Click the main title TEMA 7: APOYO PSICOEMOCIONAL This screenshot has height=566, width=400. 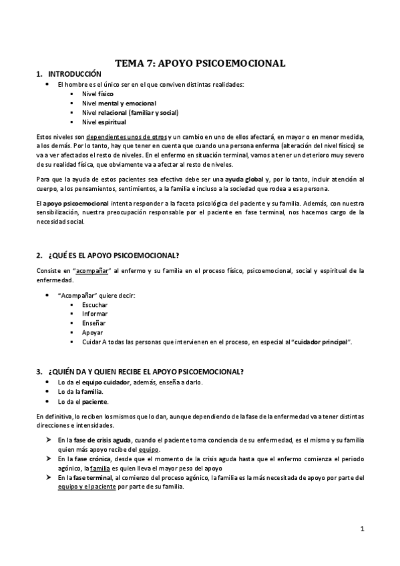click(200, 63)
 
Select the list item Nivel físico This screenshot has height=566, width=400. click(97, 94)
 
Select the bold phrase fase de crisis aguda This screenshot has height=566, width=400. click(102, 441)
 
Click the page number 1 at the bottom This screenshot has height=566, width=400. click(361, 529)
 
